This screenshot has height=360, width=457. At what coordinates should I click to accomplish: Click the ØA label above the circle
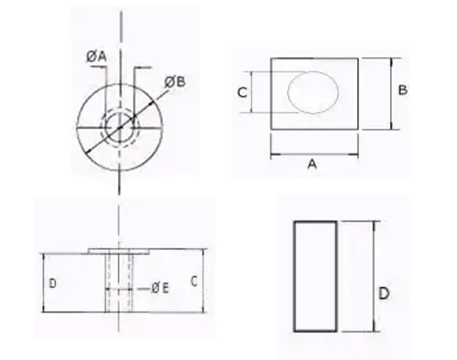click(96, 56)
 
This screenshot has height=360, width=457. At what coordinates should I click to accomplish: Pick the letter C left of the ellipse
click(242, 94)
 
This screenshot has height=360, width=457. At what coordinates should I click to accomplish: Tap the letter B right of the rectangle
click(404, 90)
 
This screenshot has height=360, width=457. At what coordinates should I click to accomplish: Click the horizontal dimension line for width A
click(314, 156)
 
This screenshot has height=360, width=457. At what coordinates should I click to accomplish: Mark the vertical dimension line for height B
click(391, 93)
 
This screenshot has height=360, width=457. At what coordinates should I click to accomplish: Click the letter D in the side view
click(53, 283)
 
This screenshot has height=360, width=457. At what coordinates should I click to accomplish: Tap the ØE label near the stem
click(160, 288)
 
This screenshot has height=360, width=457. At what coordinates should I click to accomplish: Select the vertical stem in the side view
click(119, 284)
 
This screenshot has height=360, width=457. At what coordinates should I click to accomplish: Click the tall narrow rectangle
click(315, 274)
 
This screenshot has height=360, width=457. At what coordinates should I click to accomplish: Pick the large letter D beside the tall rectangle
click(383, 294)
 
